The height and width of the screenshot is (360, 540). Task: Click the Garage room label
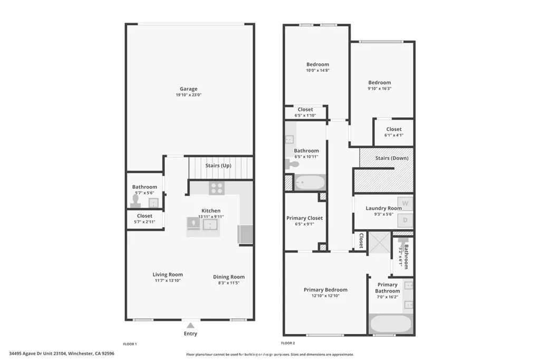point(188,89)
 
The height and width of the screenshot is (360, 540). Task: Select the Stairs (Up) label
point(218,166)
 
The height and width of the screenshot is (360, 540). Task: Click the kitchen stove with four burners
point(216,188)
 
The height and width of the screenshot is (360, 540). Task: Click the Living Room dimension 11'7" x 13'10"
point(168,281)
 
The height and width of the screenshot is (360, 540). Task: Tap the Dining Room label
point(228,277)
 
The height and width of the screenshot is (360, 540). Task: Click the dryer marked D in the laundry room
point(405,220)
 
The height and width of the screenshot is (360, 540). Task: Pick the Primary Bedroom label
point(325,289)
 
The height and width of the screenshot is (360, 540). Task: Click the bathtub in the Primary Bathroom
point(390,323)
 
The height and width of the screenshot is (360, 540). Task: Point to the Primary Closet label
point(304,218)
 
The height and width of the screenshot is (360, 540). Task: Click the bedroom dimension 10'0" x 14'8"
point(317,71)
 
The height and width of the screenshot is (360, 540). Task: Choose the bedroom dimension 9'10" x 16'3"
point(379,89)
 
